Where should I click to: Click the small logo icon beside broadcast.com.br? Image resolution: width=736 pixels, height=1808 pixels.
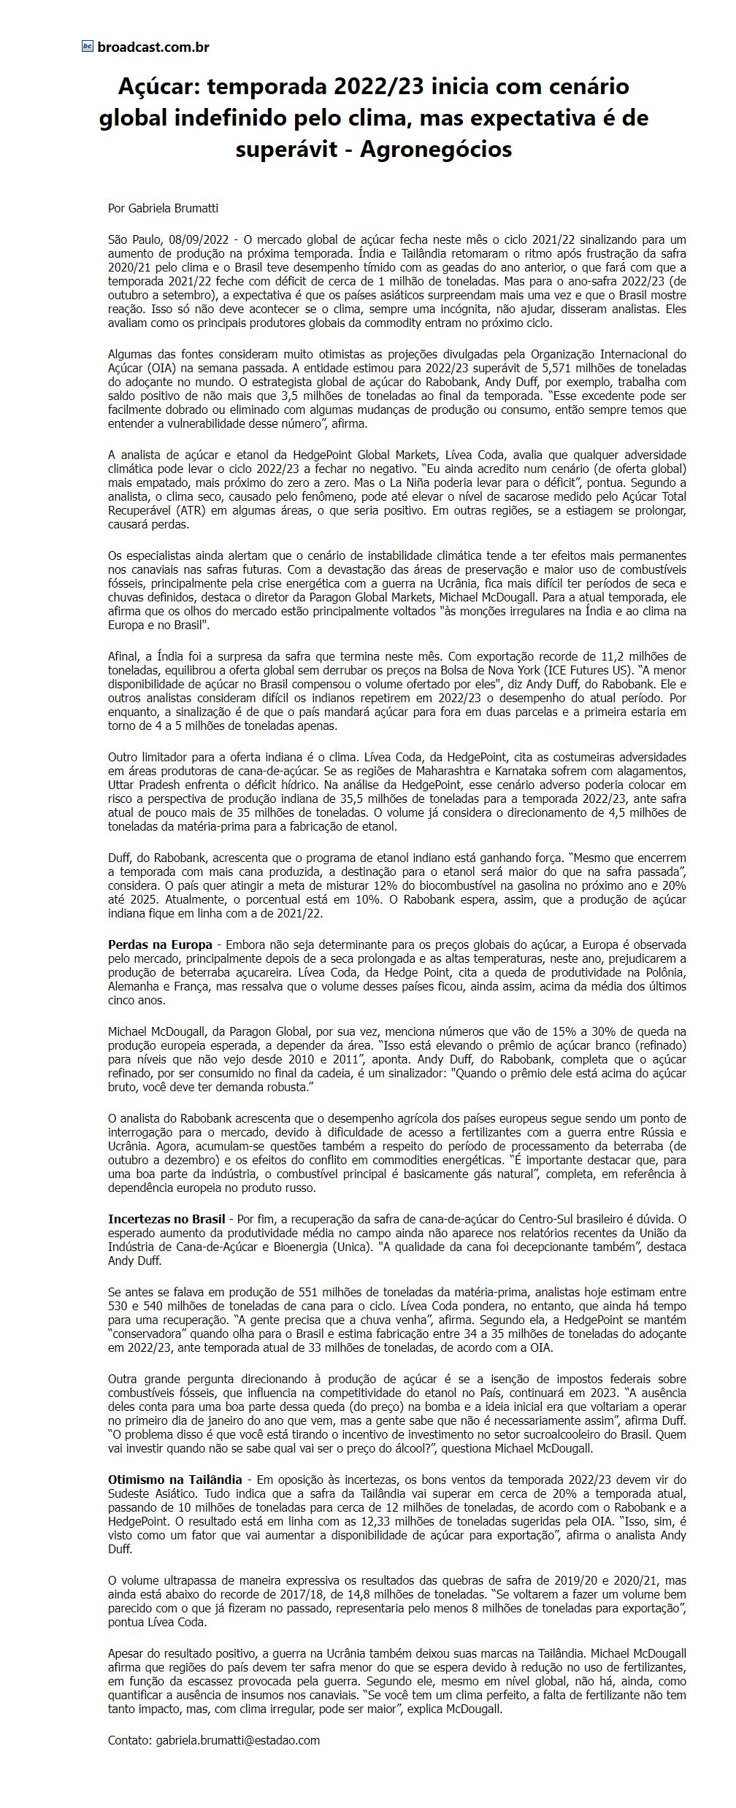pyautogui.click(x=88, y=47)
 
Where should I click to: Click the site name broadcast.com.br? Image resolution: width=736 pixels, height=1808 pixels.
pyautogui.click(x=153, y=47)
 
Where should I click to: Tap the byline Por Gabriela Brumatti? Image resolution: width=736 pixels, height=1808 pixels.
pyautogui.click(x=163, y=208)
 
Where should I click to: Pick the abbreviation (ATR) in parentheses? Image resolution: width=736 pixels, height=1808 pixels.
pyautogui.click(x=191, y=510)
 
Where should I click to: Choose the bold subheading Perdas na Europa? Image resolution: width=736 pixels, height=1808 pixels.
pyautogui.click(x=160, y=944)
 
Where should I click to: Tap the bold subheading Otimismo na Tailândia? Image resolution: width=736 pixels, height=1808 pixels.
pyautogui.click(x=175, y=1479)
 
